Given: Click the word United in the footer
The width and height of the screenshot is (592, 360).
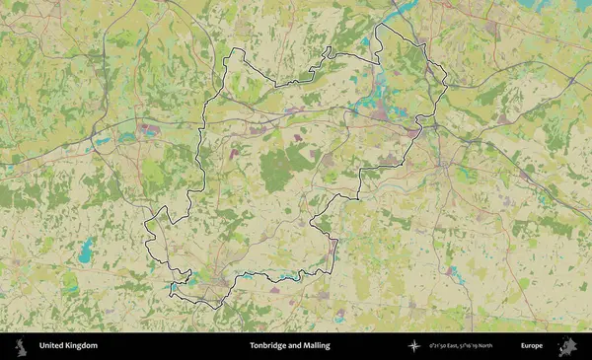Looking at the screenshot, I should click(x=53, y=346).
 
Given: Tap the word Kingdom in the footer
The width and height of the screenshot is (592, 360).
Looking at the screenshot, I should click(x=82, y=346).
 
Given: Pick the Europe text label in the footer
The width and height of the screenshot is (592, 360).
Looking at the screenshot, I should click(x=532, y=346).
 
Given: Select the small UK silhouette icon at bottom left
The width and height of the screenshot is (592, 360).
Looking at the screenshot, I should click(x=21, y=346).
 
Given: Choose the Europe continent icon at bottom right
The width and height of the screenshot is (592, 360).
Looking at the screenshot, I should click(x=566, y=346).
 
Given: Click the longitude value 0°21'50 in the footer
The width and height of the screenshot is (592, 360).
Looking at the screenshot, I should click(x=442, y=346).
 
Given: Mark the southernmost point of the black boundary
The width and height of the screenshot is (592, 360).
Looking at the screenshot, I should click(x=209, y=308).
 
